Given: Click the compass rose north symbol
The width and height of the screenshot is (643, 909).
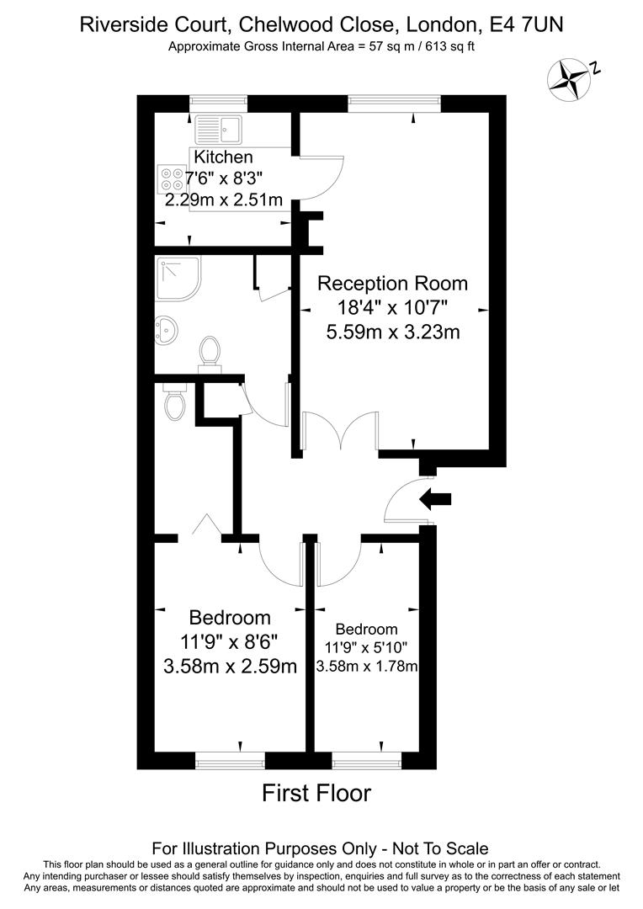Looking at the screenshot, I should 569,77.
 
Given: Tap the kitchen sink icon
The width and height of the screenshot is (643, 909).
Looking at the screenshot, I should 218,130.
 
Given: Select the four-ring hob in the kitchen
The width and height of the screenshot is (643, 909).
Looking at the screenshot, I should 172,178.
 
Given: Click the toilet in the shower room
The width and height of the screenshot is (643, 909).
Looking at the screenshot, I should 209,353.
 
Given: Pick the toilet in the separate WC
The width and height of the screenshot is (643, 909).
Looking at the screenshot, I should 175,404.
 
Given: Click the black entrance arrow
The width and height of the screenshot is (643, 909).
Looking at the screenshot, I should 435,499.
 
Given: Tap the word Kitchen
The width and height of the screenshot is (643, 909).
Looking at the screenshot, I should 223,157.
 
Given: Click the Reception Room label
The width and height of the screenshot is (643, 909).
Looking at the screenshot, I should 392,283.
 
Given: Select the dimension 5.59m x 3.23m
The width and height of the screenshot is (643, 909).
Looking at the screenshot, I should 392,332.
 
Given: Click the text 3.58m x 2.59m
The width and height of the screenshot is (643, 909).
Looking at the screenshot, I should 230,667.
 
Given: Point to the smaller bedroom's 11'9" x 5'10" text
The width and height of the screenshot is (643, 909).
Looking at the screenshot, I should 366,648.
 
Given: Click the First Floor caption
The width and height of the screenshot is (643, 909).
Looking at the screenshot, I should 316,793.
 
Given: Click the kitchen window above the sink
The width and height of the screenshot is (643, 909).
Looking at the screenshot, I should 218,101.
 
